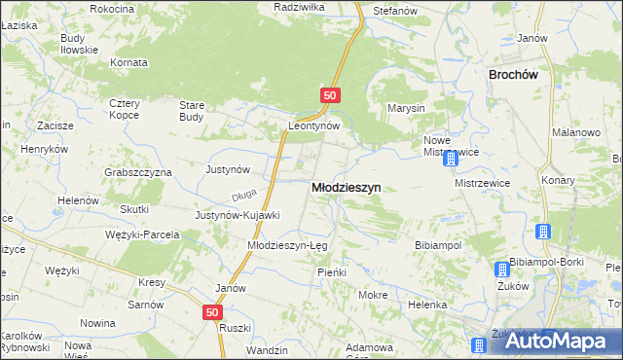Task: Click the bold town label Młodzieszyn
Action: pos(346,188)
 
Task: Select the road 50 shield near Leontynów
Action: pos(331,95)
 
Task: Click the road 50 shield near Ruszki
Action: pos(213,312)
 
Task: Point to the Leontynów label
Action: pos(312,126)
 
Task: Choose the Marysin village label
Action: pos(406,108)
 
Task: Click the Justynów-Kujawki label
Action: pos(238,215)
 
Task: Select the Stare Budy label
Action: pos(192,111)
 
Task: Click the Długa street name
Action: pos(244,194)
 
